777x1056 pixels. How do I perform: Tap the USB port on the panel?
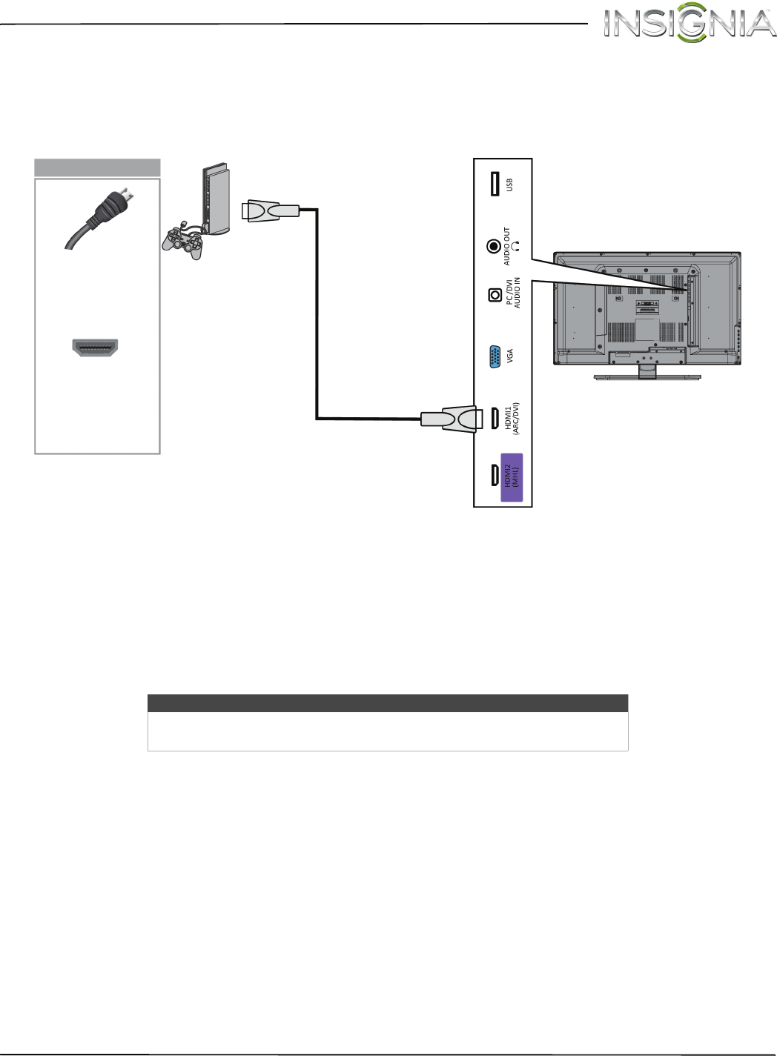495,184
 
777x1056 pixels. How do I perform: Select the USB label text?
509,185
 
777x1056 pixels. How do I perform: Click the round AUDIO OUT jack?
494,246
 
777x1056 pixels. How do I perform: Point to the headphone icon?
516,245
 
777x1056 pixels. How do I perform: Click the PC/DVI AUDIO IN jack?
495,295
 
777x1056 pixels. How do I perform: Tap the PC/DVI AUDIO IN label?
513,293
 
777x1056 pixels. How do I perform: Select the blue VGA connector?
495,357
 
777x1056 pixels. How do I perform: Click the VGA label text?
510,356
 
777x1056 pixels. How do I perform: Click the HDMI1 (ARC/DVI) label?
512,419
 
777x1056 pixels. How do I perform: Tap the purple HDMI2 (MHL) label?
512,476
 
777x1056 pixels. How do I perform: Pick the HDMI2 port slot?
495,475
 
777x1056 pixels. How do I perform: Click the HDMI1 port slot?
495,418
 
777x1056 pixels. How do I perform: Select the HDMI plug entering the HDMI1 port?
449,419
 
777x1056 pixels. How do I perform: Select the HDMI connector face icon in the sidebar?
95,347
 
